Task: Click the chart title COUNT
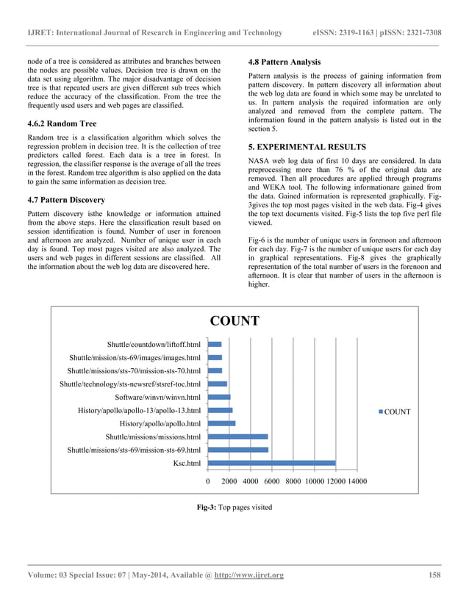[x=234, y=321]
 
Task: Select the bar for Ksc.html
[x=271, y=463]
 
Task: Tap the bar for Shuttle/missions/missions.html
[x=237, y=437]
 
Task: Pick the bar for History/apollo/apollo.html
[x=221, y=423]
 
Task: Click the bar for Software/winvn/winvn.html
[x=219, y=397]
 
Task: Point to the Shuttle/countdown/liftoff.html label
[x=153, y=344]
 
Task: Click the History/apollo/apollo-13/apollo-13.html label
[x=139, y=410]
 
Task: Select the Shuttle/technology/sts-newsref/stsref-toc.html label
[x=129, y=384]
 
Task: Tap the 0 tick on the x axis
[x=208, y=481]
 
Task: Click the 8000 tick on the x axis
[x=293, y=481]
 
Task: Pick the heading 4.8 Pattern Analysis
[x=284, y=62]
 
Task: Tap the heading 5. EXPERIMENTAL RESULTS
[x=307, y=147]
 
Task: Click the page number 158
[x=433, y=575]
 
